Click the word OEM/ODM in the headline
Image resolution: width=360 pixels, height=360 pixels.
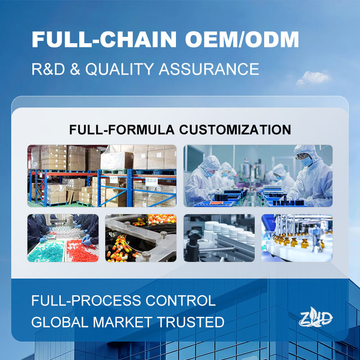click(242, 39)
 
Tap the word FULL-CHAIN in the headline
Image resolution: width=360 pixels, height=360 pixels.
click(104, 39)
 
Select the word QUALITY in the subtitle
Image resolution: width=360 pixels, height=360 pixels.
click(120, 69)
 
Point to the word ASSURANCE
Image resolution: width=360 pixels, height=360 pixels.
click(209, 69)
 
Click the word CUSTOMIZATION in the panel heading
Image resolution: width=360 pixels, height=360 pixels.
click(235, 130)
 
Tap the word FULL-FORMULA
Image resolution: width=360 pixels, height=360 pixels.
click(121, 130)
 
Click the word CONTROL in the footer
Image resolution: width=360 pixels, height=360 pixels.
click(180, 300)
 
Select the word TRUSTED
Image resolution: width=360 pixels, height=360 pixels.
click(190, 322)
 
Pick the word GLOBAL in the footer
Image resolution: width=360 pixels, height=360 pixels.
click(60, 322)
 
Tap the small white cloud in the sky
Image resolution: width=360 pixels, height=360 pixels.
click(313, 78)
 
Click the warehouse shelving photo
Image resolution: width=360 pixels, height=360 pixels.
click(102, 176)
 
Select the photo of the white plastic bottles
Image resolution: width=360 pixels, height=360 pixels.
click(219, 238)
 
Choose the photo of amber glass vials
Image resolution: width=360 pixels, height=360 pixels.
click(297, 238)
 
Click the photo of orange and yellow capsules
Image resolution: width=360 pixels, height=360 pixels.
click(141, 238)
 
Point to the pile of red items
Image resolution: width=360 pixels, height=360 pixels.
click(82, 251)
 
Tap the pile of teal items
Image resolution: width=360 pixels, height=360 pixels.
click(46, 252)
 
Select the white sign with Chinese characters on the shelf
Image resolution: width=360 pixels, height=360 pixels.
click(152, 181)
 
